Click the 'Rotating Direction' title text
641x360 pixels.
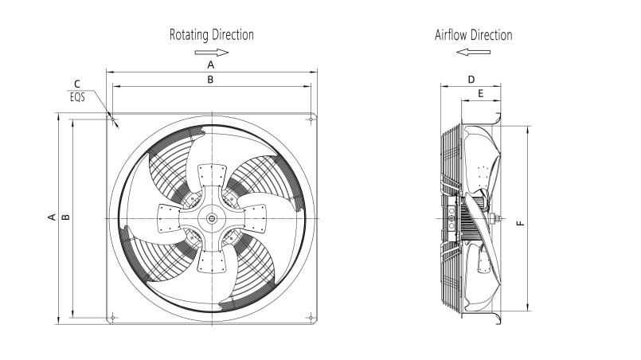click(211, 35)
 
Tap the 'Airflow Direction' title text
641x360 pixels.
click(474, 35)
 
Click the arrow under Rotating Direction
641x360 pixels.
click(211, 53)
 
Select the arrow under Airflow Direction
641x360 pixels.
click(474, 52)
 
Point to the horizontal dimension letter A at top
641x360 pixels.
click(210, 65)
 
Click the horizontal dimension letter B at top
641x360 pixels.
click(210, 80)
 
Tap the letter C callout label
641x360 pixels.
click(77, 84)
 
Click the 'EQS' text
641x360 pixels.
click(77, 97)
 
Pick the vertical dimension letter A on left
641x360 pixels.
click(52, 217)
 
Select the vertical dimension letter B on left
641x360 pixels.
click(66, 217)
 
